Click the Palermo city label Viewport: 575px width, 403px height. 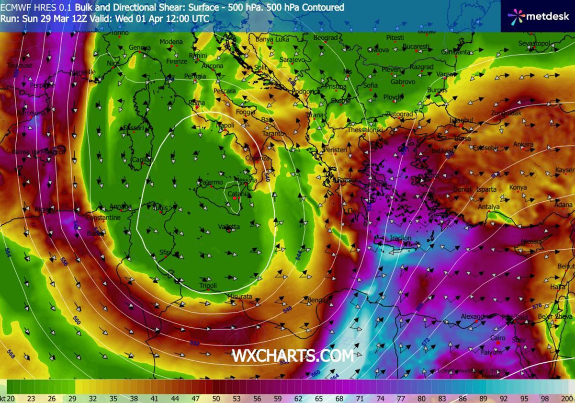click(x=211, y=183)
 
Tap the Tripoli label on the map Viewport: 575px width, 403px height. click(x=208, y=286)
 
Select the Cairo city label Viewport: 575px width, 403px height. click(x=498, y=338)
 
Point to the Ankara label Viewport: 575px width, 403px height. click(x=523, y=144)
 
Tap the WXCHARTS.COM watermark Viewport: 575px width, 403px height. click(x=293, y=356)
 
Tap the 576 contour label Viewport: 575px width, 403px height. click(x=537, y=306)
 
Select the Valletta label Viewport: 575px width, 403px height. click(x=228, y=227)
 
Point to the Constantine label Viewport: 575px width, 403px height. click(x=103, y=218)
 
